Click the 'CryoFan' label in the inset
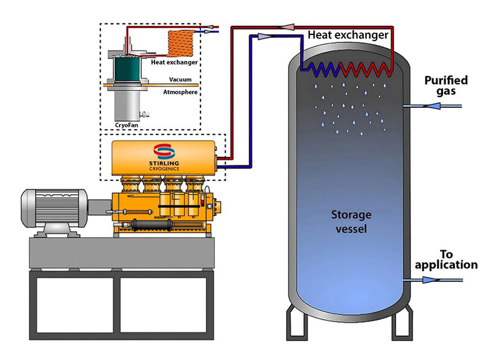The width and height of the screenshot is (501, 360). [125, 125]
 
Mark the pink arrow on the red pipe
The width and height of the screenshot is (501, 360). [290, 27]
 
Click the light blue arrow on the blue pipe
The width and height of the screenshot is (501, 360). [263, 37]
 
